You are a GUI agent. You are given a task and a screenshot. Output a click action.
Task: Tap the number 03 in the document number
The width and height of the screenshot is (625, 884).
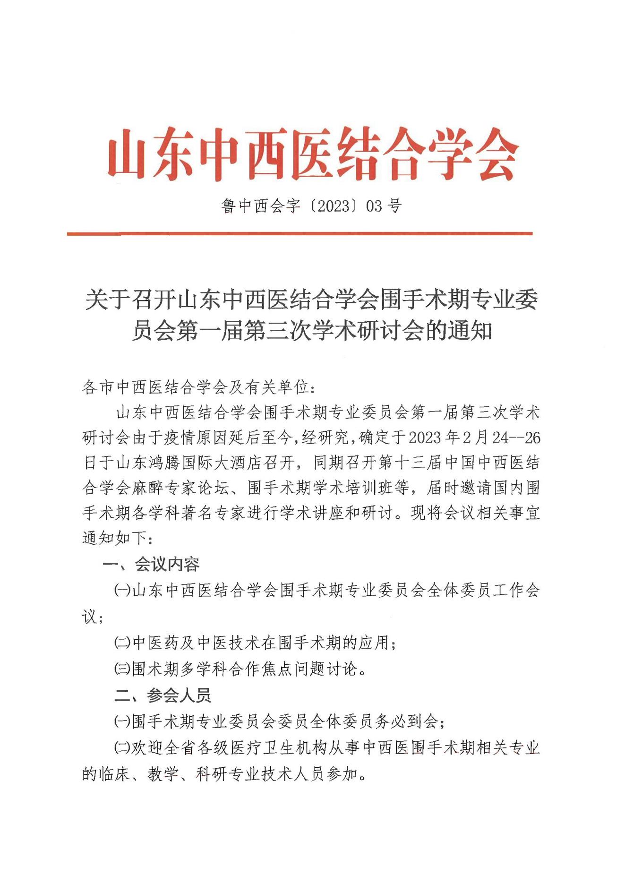pos(373,206)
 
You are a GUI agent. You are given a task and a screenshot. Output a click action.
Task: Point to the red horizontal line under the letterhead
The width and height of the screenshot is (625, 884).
pos(300,233)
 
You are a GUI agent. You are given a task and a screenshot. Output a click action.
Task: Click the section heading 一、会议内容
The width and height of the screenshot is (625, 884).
pos(151,564)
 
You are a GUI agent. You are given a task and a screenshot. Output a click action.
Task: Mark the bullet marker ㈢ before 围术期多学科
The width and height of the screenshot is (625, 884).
pos(122,669)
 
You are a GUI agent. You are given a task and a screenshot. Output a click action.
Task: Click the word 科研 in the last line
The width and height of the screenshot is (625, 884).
pos(212,774)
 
